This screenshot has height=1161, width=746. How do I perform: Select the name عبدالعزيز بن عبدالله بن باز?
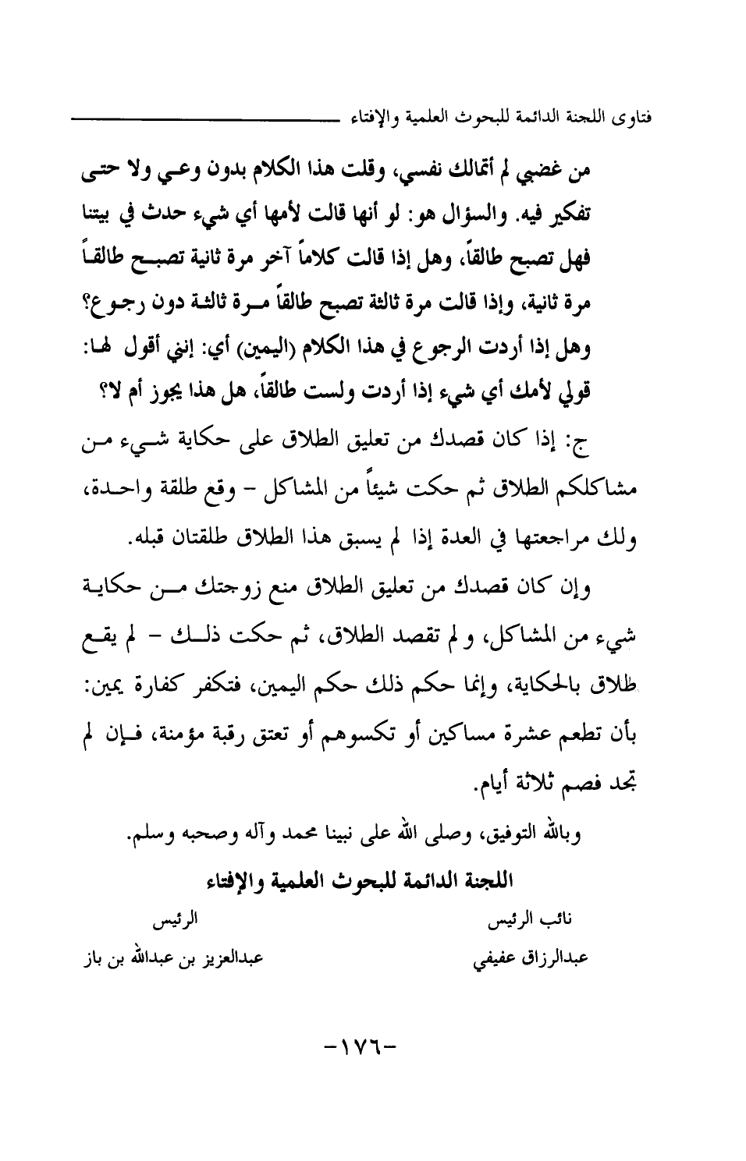pos(171,956)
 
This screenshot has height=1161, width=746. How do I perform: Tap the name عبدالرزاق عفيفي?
pos(530,957)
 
